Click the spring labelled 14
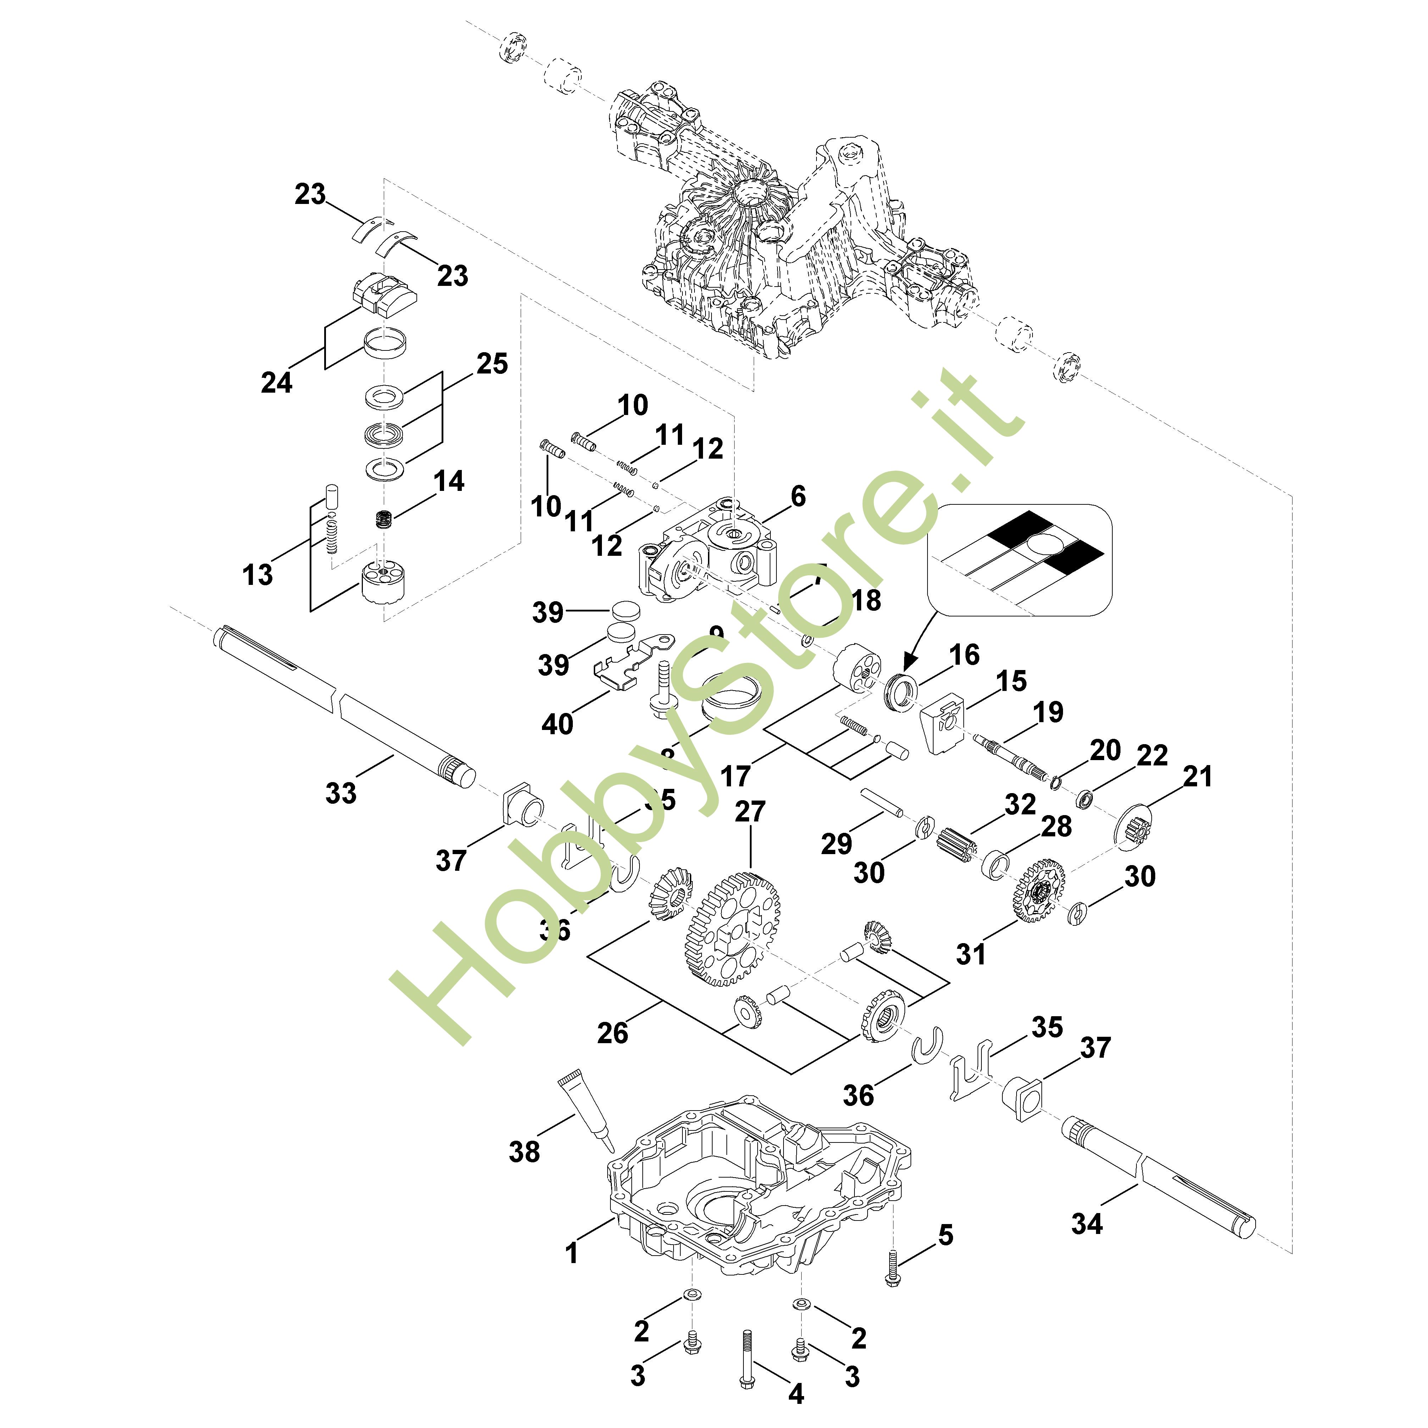pos(383,520)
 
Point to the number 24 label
pos(276,382)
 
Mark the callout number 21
pos(1197,776)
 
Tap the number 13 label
pos(257,574)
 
